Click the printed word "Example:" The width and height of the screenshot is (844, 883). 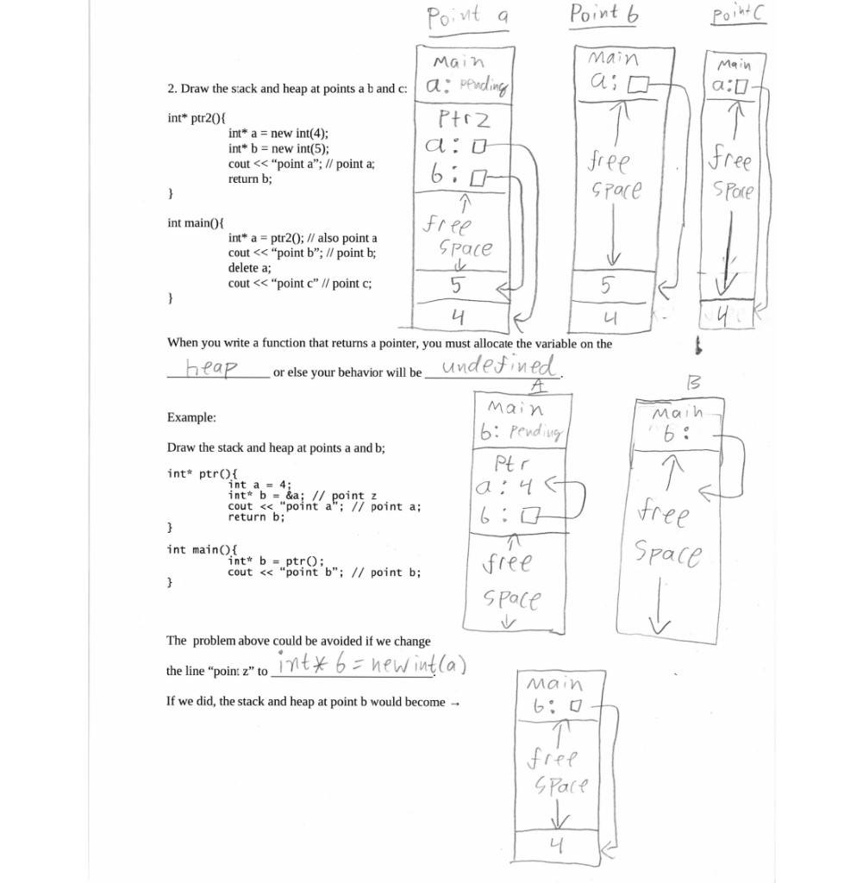pyautogui.click(x=191, y=417)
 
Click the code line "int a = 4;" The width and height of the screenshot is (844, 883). pyautogui.click(x=259, y=485)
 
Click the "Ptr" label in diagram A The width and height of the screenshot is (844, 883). pyautogui.click(x=504, y=472)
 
